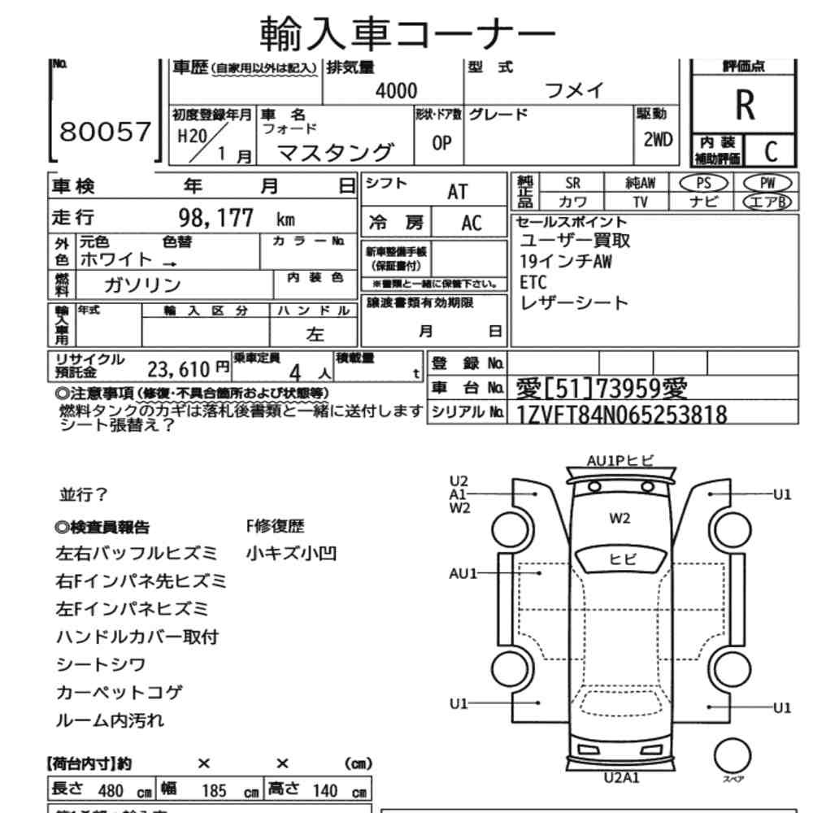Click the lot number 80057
pos(106,132)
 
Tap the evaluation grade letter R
pos(744,104)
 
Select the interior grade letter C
pos(770,150)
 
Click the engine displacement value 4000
pos(396,91)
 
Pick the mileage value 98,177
pos(215,218)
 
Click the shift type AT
pos(458,191)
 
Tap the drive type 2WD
pos(657,139)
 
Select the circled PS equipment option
pos(702,183)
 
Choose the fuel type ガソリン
pos(142,285)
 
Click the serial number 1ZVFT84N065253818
pos(621,415)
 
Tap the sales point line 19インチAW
pos(566,262)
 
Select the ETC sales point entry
pos(533,282)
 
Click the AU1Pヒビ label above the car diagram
pos(620,460)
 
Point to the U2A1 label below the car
pos(622,777)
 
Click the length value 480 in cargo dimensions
pos(110,790)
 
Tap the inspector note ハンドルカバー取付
pos(137,637)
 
